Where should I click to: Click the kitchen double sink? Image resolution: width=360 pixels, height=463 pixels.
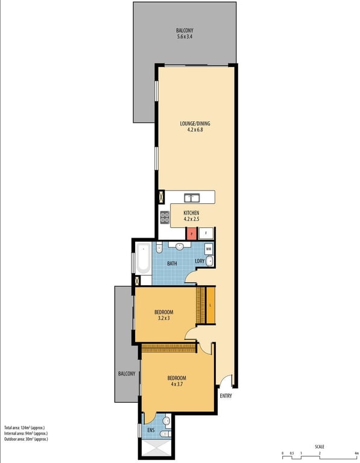(x=192, y=197)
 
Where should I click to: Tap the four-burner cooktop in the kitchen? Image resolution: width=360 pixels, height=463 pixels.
(x=165, y=217)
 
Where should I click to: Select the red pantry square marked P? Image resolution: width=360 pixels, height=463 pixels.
(x=191, y=233)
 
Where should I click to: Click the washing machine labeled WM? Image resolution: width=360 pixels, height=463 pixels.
(x=208, y=248)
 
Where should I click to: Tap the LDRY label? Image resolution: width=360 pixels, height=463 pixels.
(x=200, y=261)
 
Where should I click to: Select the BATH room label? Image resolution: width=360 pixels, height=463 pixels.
(x=172, y=263)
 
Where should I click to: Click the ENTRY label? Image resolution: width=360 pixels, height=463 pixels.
(x=226, y=396)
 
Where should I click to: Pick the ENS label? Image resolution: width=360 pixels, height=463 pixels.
(x=150, y=430)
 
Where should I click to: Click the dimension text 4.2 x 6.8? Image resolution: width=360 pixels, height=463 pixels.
(x=195, y=131)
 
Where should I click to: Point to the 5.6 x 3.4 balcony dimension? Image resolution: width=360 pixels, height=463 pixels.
(x=185, y=37)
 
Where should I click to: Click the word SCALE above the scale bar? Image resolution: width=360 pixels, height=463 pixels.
(x=319, y=447)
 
